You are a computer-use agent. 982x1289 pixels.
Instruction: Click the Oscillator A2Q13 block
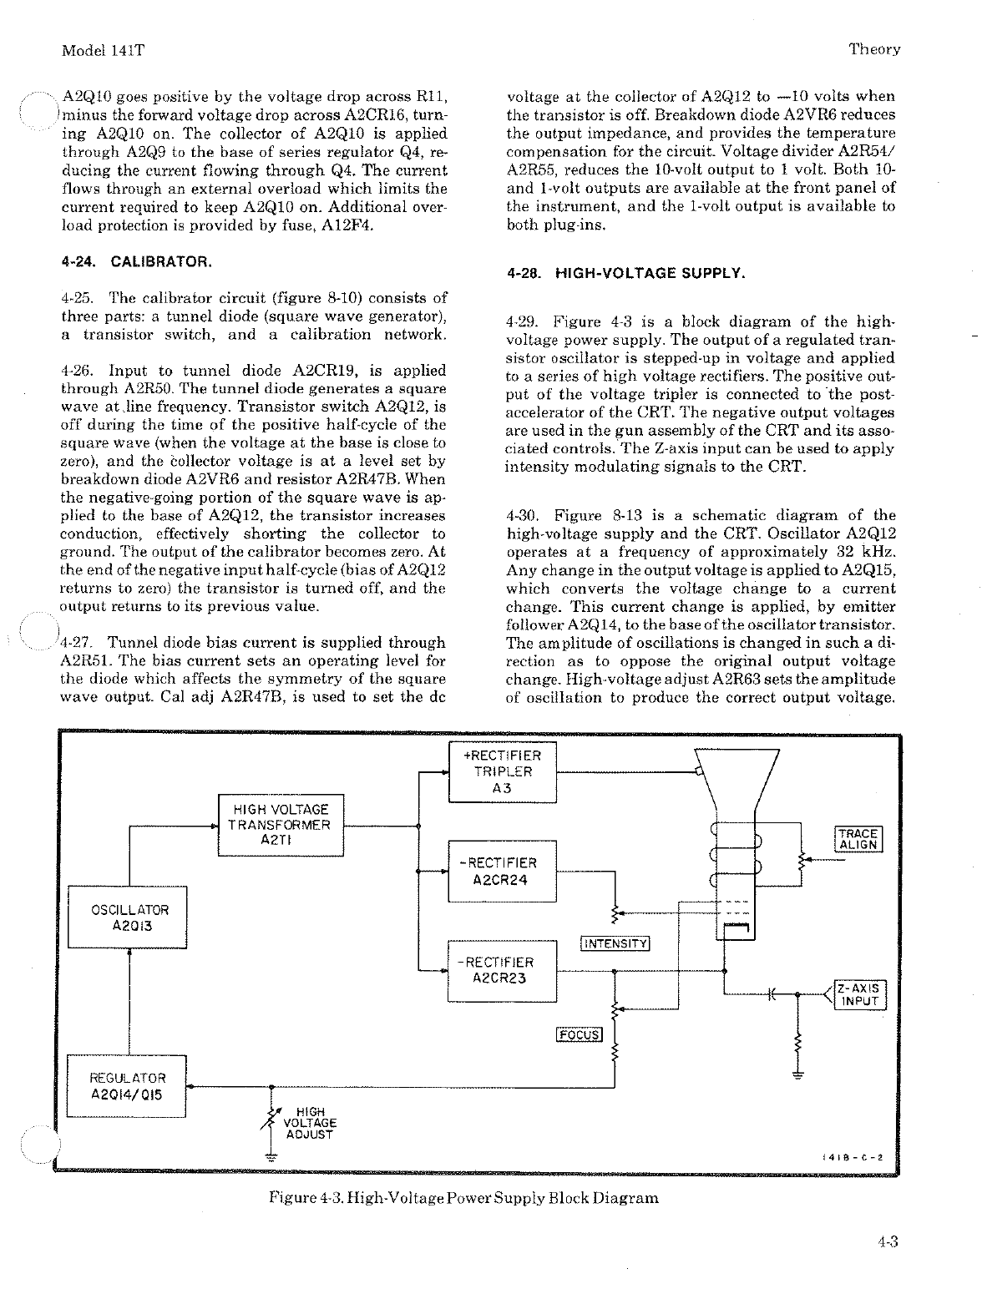tap(128, 917)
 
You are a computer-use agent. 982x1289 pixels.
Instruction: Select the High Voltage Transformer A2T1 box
tap(281, 826)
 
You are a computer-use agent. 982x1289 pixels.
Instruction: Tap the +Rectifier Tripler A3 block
tap(502, 771)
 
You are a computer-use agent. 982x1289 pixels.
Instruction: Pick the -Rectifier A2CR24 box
tap(502, 871)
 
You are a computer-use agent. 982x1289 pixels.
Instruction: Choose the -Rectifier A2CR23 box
tap(502, 970)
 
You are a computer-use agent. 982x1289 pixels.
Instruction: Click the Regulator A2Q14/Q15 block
tap(128, 1085)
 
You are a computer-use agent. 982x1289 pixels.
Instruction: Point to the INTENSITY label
tap(615, 944)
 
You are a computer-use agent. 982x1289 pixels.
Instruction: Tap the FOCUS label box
tap(579, 1035)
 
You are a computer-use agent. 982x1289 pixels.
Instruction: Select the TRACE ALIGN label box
tap(858, 839)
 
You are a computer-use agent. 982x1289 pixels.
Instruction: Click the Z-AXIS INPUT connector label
tap(859, 994)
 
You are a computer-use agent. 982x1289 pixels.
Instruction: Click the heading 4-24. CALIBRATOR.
tap(135, 261)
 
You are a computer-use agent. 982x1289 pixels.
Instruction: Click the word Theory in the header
tap(874, 49)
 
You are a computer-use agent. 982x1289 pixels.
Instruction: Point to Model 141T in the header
tap(104, 50)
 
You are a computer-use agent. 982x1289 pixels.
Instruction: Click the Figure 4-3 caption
tap(463, 1199)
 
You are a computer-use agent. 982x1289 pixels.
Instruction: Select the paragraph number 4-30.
tap(522, 516)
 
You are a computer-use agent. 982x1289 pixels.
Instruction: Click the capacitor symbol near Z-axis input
tap(771, 994)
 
